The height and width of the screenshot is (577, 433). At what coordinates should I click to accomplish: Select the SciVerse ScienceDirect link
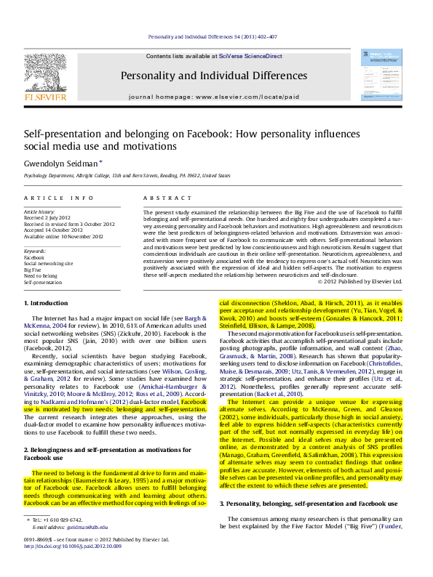pyautogui.click(x=246, y=56)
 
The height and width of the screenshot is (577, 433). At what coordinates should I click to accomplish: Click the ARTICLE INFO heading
pyautogui.click(x=59, y=198)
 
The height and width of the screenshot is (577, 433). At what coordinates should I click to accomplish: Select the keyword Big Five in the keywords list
pyautogui.click(x=33, y=270)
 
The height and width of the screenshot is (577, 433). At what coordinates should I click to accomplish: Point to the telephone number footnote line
pyautogui.click(x=58, y=520)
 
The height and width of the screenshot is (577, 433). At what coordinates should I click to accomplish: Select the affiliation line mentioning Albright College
pyautogui.click(x=127, y=176)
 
